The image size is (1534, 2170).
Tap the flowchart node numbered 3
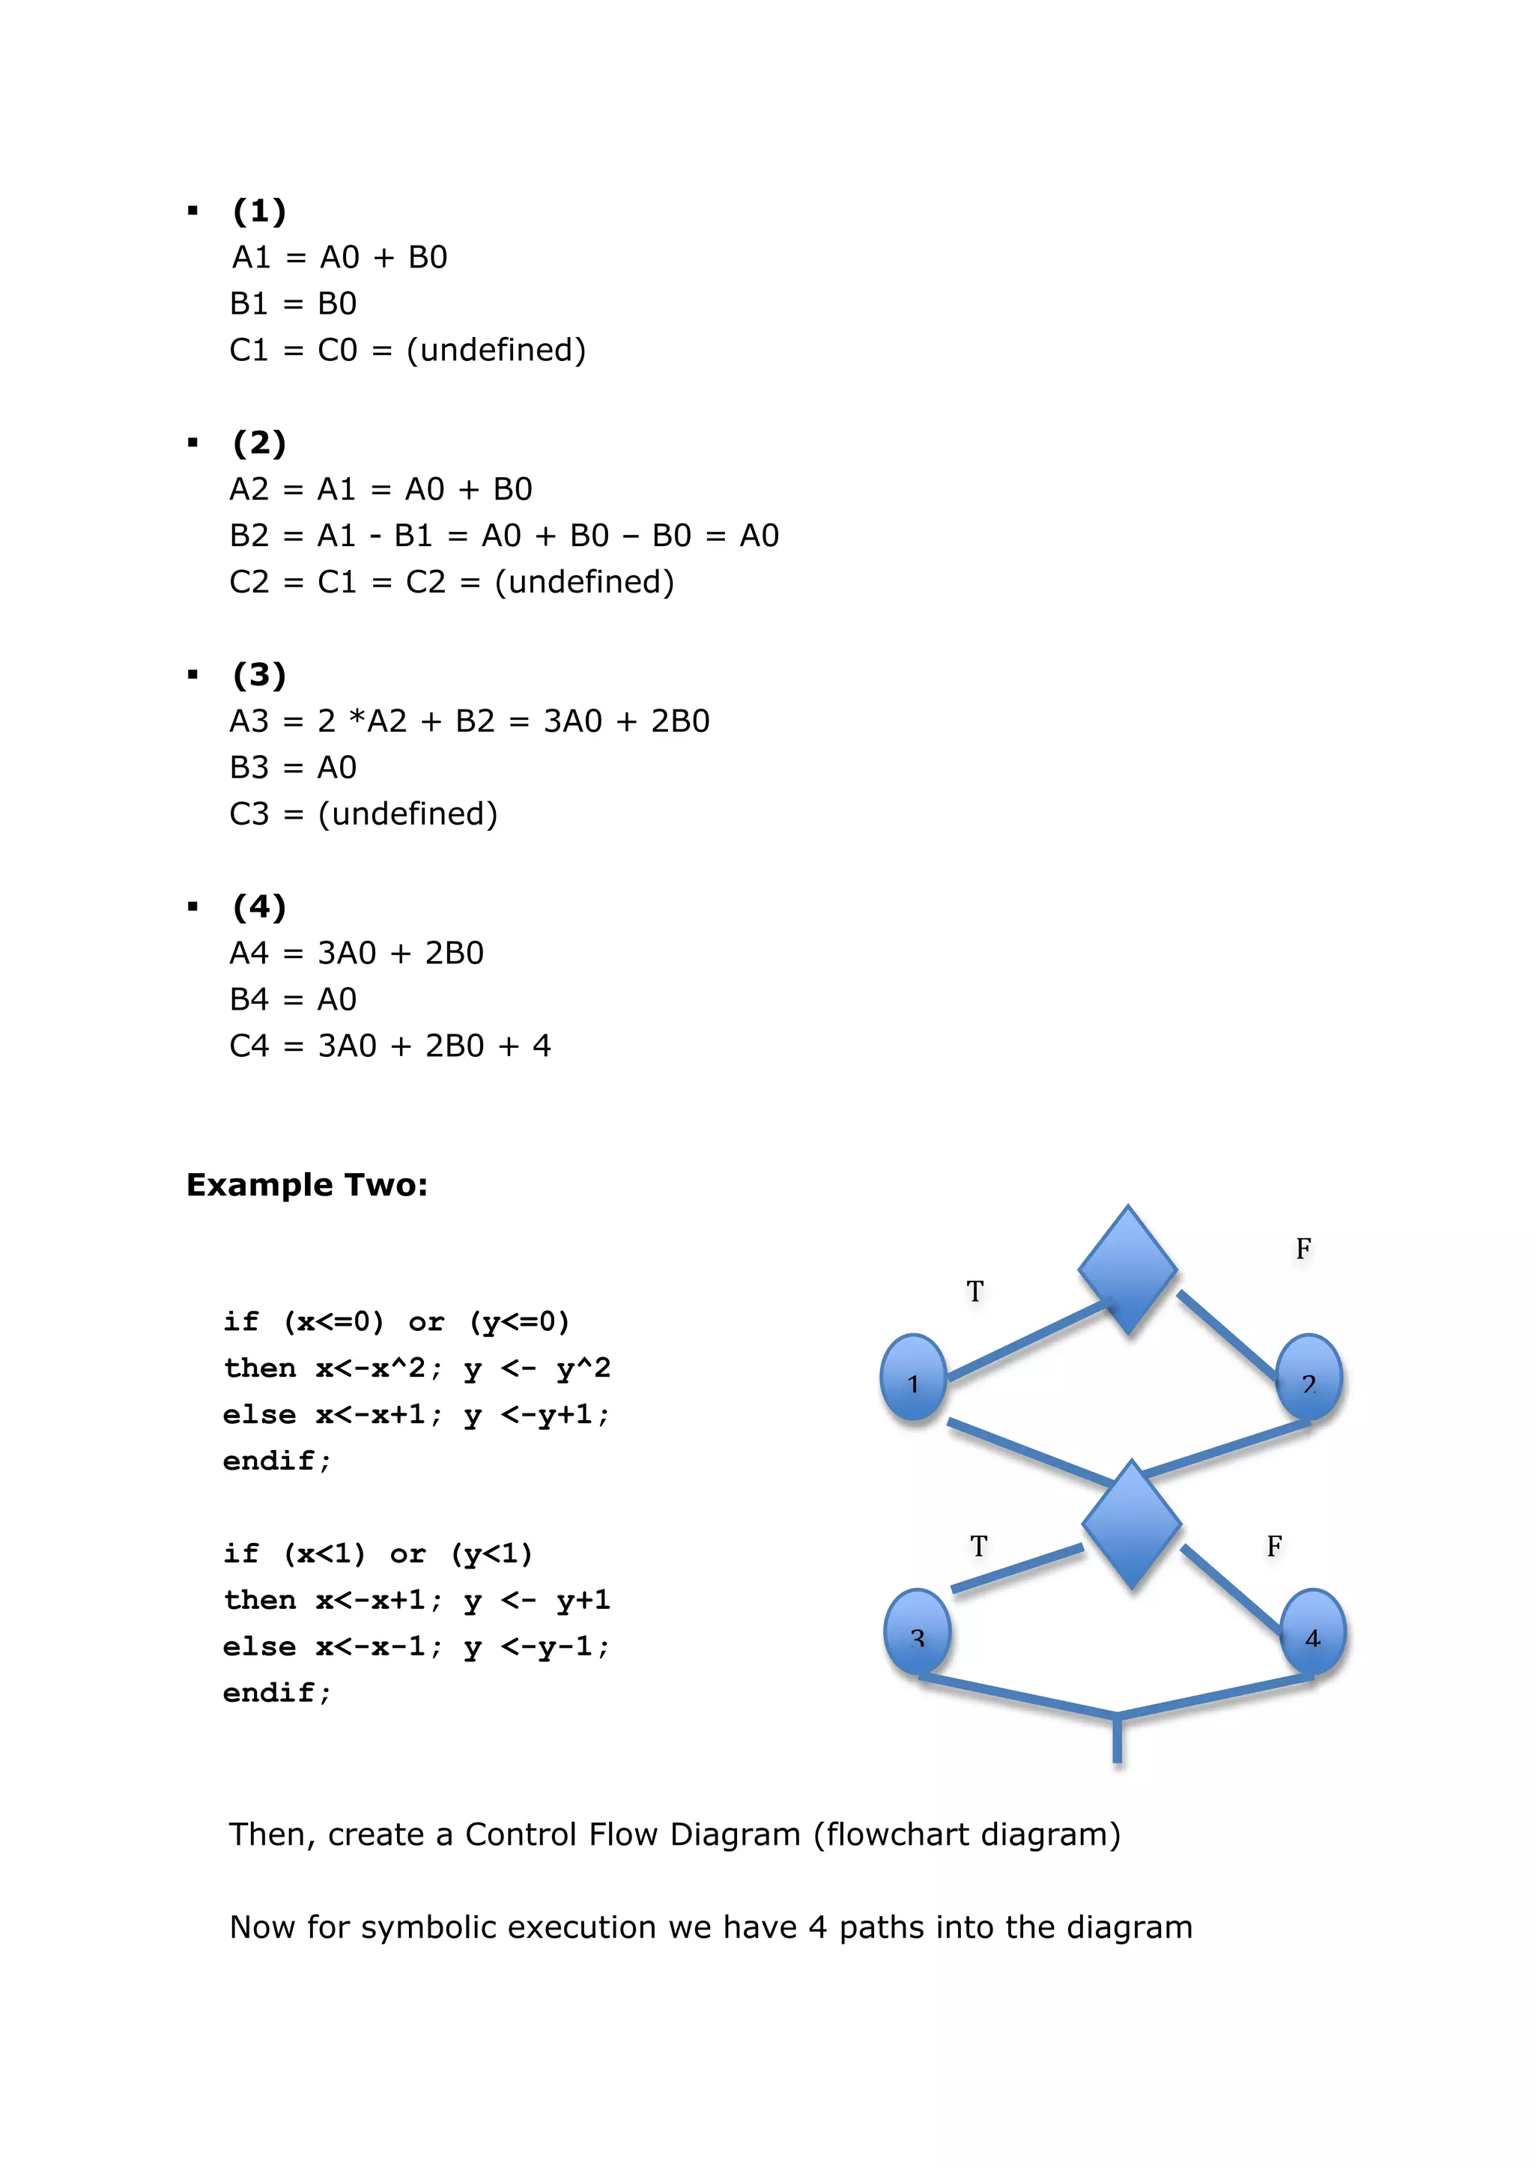pos(917,1632)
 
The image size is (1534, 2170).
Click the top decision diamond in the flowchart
pos(1127,1270)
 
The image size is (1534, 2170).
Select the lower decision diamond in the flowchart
pos(1131,1524)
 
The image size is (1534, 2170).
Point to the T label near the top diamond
pos(975,1291)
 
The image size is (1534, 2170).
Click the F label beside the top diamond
pos(1303,1249)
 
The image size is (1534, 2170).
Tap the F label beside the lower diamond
pos(1274,1546)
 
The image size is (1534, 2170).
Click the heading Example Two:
pos(307,1184)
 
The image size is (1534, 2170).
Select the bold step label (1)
pos(260,210)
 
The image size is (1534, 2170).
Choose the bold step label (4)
pos(260,906)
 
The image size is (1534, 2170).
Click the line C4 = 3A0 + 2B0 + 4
pos(390,1046)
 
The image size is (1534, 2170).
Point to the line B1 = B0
pos(293,303)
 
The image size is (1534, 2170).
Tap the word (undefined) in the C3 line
pos(407,813)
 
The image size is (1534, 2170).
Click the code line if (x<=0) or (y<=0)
pos(397,1321)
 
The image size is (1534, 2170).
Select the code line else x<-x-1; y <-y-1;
pos(416,1646)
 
